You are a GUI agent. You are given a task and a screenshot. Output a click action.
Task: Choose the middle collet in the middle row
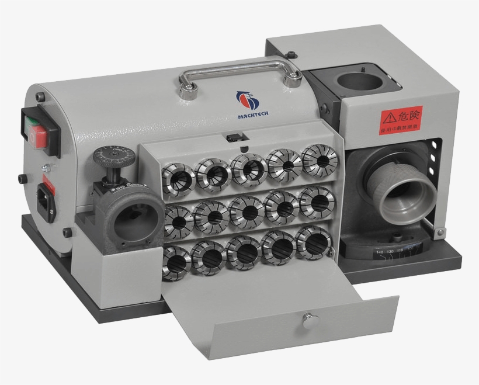(x=245, y=210)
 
